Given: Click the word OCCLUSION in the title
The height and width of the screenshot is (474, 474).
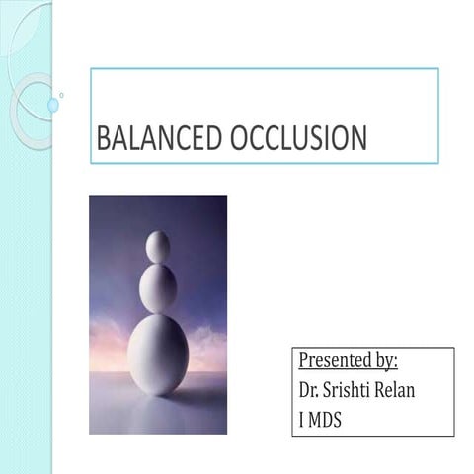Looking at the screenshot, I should tap(298, 140).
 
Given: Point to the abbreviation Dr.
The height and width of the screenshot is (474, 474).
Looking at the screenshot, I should tap(308, 389).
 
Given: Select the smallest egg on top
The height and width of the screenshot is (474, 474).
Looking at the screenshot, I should tap(158, 246).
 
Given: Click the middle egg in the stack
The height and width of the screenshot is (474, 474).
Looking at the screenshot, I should tap(158, 287).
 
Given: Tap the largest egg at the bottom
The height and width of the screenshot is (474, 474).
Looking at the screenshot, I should tap(158, 353).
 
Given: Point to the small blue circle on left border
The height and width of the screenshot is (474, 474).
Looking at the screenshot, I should tap(53, 105).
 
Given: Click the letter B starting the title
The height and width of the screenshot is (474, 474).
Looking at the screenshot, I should tap(102, 140).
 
